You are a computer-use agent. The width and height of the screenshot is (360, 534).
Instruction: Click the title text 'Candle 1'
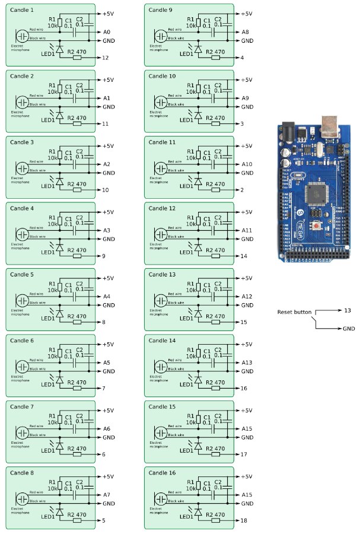23,10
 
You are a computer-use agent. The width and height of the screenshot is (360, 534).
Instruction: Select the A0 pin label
107,31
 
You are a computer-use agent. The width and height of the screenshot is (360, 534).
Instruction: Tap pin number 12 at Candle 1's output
106,58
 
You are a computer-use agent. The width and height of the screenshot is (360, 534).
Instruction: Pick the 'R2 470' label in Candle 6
77,382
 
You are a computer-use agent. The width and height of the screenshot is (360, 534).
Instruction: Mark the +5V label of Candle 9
246,13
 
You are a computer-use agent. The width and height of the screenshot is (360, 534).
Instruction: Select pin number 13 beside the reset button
347,310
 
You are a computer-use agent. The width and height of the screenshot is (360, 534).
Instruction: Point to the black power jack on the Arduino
288,129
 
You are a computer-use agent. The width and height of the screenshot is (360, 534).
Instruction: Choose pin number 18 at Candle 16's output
245,520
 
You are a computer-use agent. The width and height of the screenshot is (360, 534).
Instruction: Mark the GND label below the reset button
349,329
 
